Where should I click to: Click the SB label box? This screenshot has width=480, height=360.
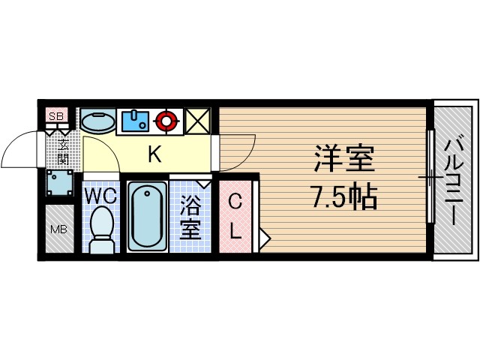point(55,115)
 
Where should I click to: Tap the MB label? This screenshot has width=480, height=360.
point(57,229)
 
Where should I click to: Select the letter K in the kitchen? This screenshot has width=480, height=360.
point(154,155)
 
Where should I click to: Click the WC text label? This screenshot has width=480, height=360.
point(99,196)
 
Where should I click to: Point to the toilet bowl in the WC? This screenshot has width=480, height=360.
point(101,226)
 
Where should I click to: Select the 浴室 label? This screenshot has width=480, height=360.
point(190,216)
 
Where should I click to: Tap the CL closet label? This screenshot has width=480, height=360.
point(235,216)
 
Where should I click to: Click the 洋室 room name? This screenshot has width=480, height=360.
point(343,160)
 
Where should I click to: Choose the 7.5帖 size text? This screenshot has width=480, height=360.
point(343,197)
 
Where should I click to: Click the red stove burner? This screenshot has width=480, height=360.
point(166,119)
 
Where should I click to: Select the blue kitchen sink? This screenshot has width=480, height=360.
point(136,119)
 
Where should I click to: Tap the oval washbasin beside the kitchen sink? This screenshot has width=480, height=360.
point(97,121)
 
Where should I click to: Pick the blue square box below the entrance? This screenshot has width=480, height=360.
point(58,181)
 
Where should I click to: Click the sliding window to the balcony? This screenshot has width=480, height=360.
point(430,178)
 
